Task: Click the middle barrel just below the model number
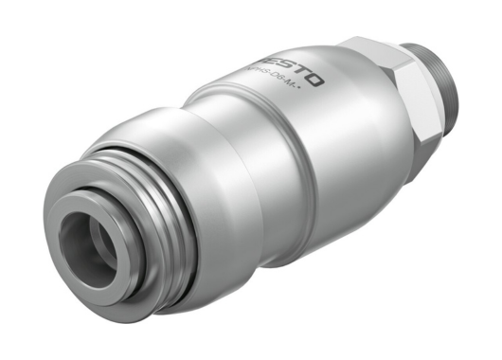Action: click(284, 142)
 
